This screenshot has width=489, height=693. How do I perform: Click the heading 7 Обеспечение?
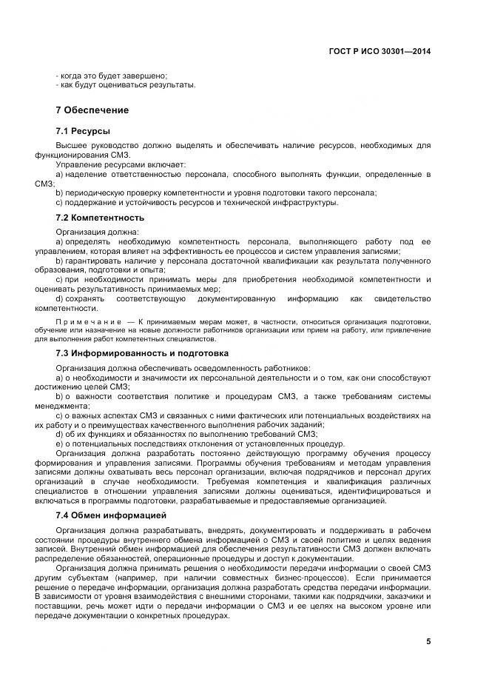click(x=92, y=110)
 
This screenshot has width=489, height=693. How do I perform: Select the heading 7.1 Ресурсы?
click(x=83, y=131)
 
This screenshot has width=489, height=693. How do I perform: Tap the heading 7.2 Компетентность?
click(x=100, y=218)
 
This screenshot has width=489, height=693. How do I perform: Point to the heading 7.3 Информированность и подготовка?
click(x=142, y=353)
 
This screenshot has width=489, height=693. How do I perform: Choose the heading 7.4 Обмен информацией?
click(x=111, y=515)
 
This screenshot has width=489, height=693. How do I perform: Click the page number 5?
click(x=428, y=641)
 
